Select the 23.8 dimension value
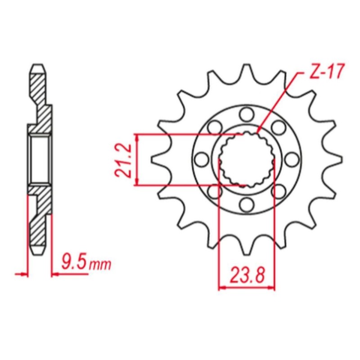tap(247, 273)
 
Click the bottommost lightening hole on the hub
tap(246, 205)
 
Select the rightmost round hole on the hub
tap(292, 159)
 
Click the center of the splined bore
tap(246, 159)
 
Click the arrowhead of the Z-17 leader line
tap(259, 133)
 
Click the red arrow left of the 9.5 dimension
tap(20, 273)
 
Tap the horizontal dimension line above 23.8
tap(247, 287)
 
